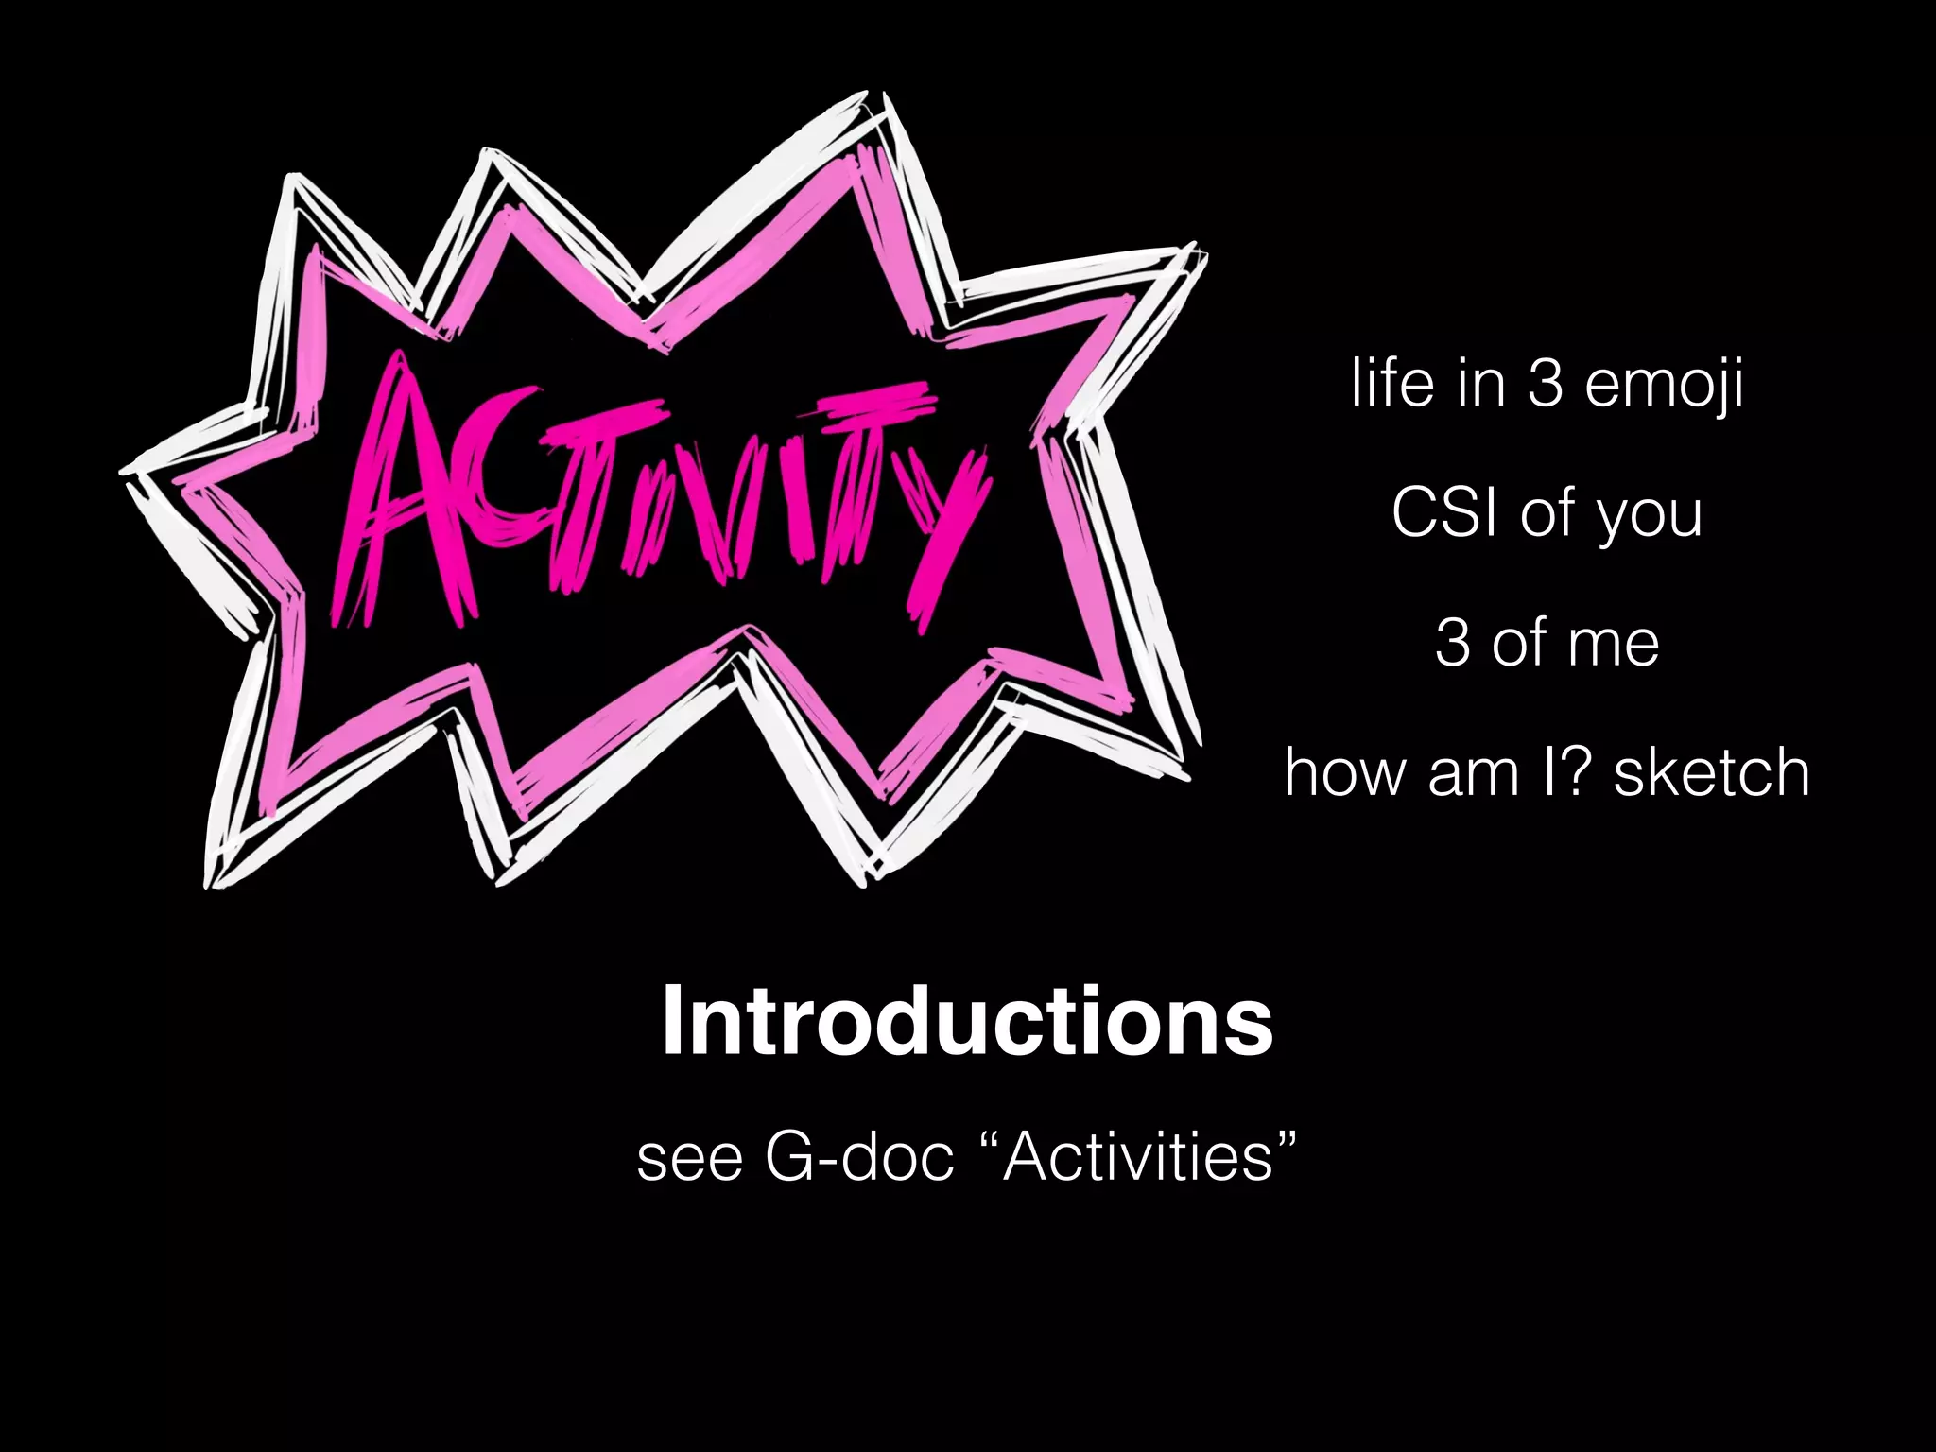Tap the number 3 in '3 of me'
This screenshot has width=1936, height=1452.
click(1452, 644)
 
